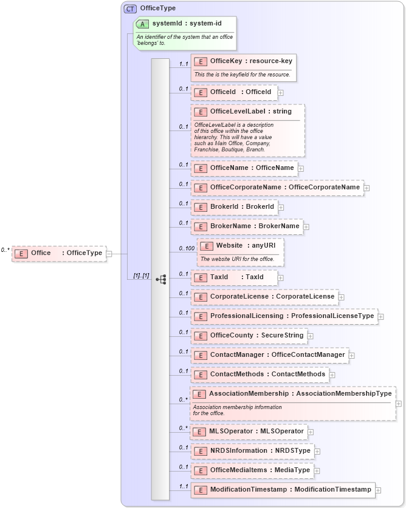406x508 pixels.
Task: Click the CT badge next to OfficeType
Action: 130,8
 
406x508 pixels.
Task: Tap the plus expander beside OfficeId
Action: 281,93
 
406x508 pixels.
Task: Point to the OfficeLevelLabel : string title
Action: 250,112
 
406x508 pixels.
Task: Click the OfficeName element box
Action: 244,168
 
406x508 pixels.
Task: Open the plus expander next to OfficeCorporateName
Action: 367,188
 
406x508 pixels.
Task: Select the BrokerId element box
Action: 235,207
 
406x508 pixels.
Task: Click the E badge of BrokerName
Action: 201,226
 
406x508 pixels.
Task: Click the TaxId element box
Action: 235,277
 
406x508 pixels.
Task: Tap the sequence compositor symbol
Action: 160,280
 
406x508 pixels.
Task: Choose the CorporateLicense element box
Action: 264,297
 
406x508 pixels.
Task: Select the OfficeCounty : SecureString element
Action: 249,336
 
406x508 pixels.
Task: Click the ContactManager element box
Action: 269,355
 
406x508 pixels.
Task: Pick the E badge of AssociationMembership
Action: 200,394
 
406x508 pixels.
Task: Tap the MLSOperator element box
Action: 248,432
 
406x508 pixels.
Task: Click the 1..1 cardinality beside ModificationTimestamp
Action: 183,486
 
